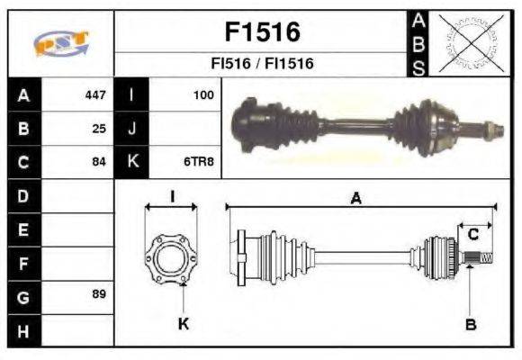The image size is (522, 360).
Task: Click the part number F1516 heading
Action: click(x=261, y=31)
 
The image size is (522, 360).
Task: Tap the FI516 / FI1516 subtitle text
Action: click(x=261, y=65)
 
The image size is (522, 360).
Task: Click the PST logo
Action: click(x=60, y=43)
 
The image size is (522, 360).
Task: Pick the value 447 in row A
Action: click(x=94, y=94)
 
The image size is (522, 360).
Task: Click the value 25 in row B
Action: click(x=99, y=129)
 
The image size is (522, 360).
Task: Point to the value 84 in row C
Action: click(x=99, y=162)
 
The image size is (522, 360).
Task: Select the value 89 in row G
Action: click(x=99, y=294)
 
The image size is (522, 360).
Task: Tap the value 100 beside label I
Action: click(x=204, y=94)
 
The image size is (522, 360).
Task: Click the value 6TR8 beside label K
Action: click(x=201, y=162)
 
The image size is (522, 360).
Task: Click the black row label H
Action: click(x=23, y=330)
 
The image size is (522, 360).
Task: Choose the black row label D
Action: click(x=23, y=195)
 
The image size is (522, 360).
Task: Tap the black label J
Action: click(x=131, y=129)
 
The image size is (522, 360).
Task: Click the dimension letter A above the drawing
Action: click(x=356, y=200)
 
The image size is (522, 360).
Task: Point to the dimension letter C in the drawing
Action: click(x=472, y=236)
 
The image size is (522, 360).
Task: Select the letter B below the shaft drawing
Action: click(x=470, y=325)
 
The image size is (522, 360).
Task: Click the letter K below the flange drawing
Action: click(x=183, y=324)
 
